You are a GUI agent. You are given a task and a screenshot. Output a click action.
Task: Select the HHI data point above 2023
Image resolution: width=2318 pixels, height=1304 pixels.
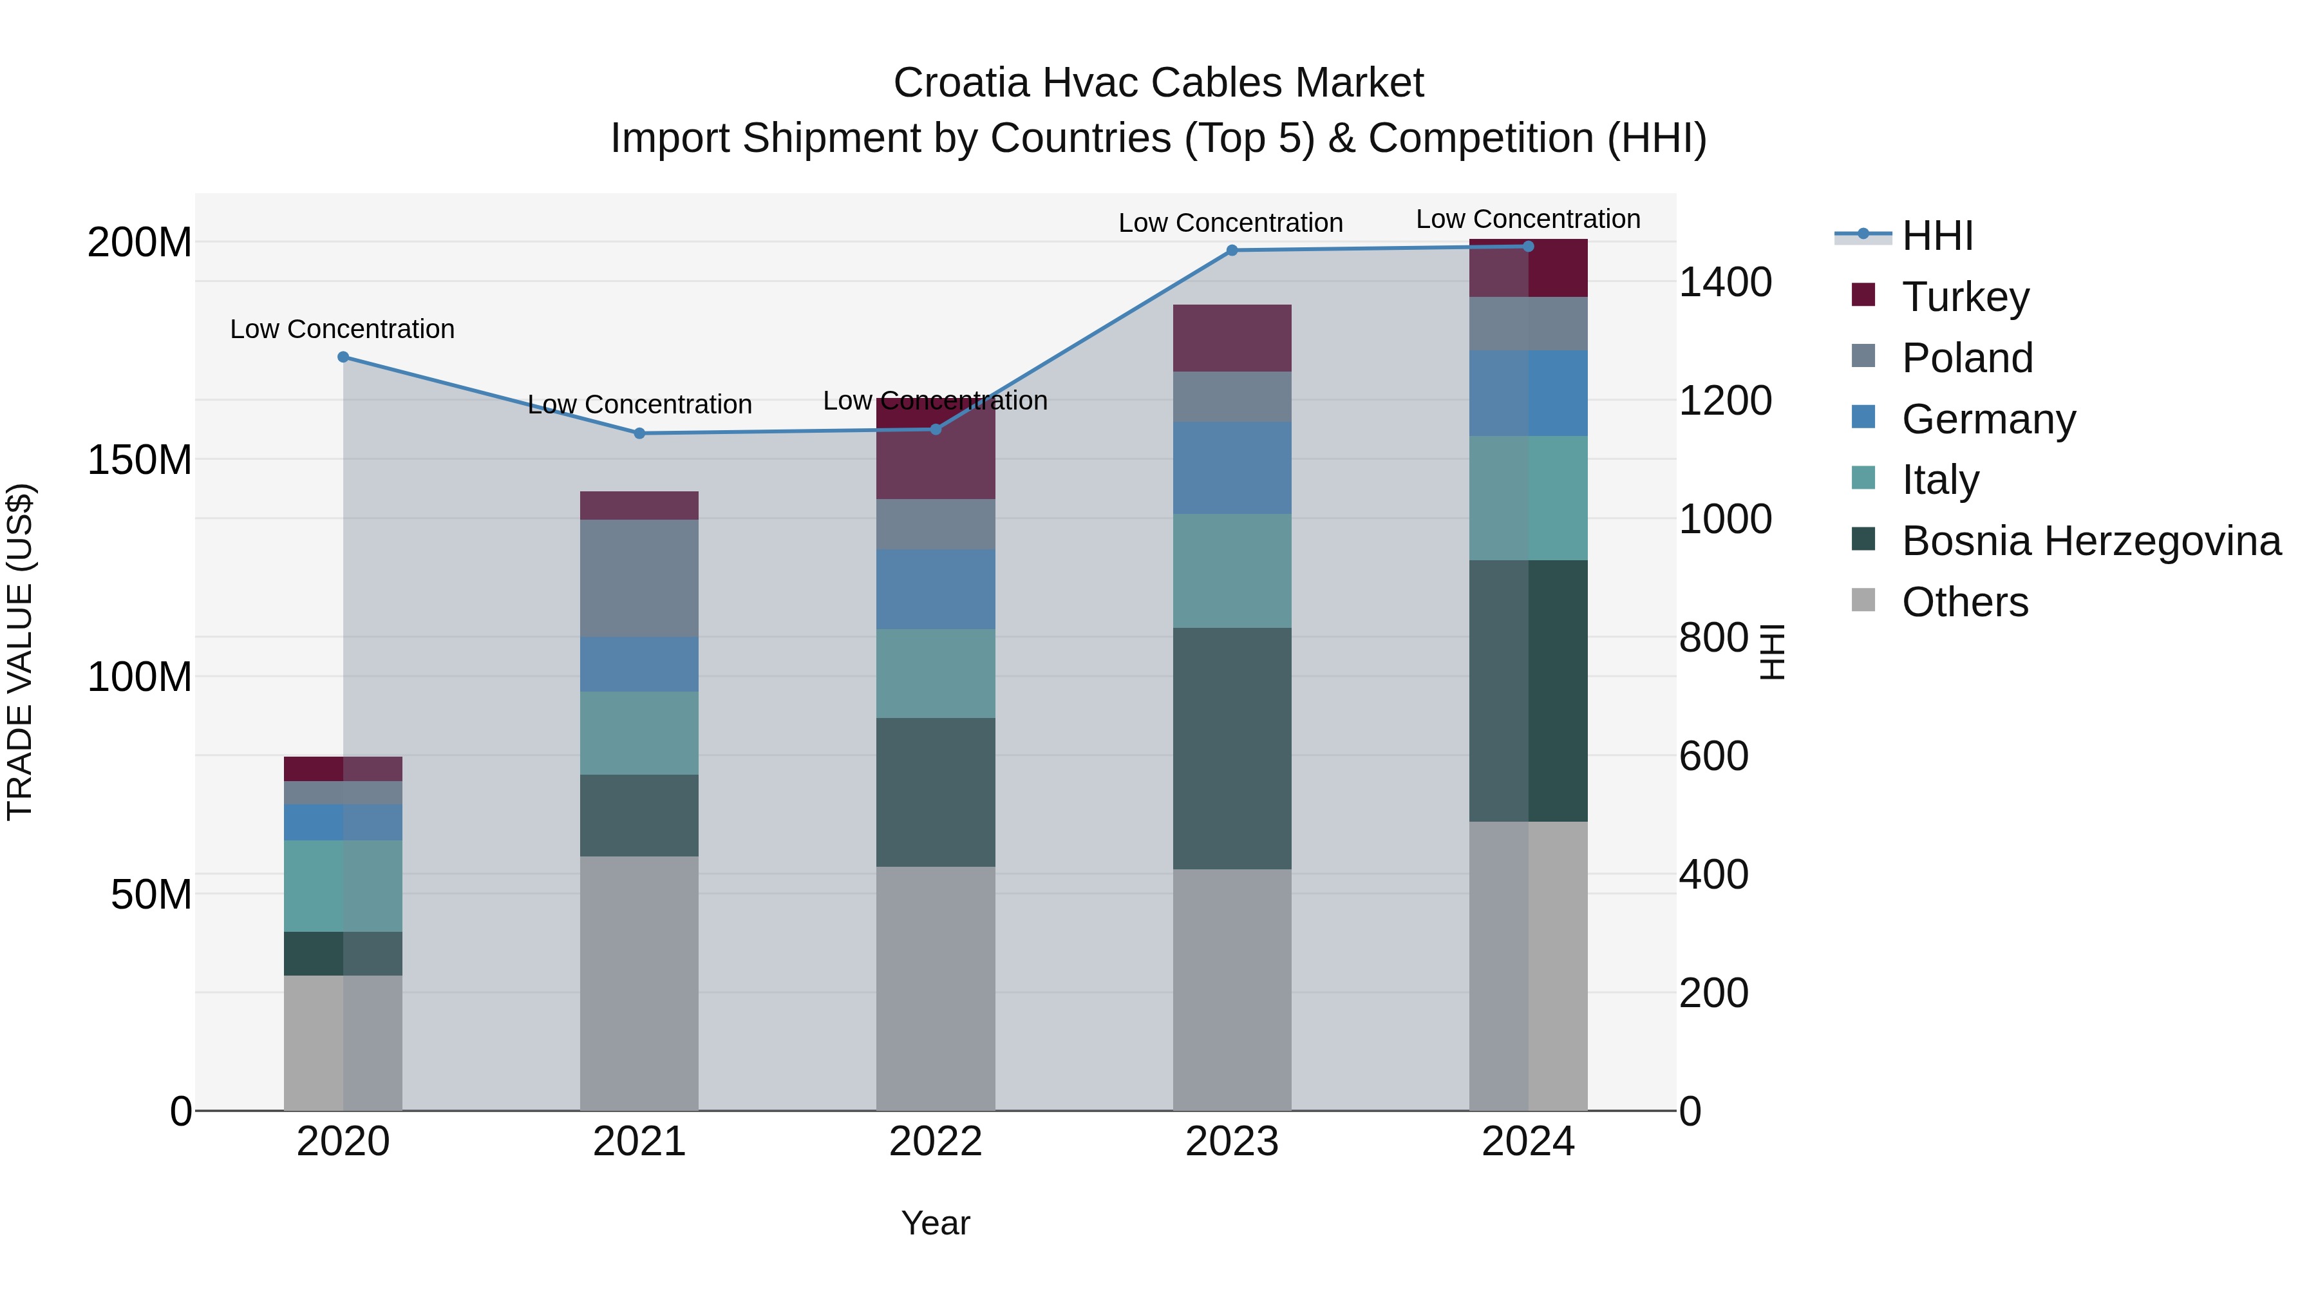click(x=1232, y=250)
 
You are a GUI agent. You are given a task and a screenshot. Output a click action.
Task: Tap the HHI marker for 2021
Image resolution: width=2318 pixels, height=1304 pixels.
click(x=639, y=433)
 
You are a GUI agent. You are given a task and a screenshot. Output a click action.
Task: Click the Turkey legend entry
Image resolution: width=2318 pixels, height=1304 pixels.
click(x=1965, y=296)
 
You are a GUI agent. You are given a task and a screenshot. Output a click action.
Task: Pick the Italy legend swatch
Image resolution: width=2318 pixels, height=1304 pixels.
click(x=1863, y=478)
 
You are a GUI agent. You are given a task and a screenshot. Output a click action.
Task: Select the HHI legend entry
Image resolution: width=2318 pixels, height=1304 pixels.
click(x=1937, y=236)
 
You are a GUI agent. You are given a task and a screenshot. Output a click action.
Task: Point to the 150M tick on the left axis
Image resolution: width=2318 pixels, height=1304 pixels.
click(x=140, y=460)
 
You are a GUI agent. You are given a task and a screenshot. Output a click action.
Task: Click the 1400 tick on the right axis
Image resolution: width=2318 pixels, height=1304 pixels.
click(x=1725, y=283)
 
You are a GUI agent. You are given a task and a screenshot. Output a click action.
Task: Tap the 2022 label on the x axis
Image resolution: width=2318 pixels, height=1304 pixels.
click(x=935, y=1142)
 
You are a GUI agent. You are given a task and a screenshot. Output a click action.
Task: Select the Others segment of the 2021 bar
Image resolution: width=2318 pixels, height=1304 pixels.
click(x=639, y=983)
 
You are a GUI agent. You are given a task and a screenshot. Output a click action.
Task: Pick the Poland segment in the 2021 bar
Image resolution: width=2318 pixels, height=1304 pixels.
click(x=639, y=579)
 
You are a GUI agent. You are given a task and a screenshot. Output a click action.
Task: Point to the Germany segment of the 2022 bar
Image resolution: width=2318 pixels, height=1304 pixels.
click(x=935, y=589)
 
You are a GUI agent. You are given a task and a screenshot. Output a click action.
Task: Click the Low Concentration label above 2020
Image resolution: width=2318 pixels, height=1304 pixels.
click(x=342, y=329)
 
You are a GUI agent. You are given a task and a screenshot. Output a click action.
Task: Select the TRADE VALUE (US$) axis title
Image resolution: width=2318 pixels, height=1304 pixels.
click(x=20, y=652)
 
